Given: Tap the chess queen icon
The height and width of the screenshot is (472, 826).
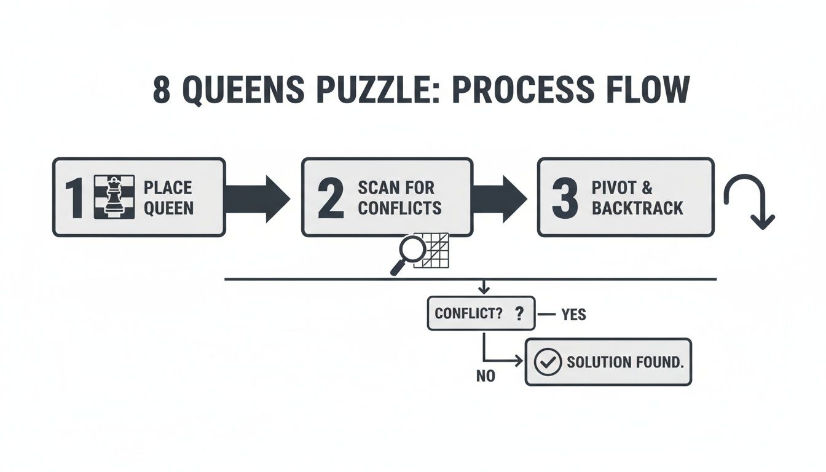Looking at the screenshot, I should click(x=114, y=197).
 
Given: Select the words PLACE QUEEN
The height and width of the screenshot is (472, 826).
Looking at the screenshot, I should click(x=168, y=197).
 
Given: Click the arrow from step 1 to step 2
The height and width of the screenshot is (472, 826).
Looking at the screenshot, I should click(x=257, y=197).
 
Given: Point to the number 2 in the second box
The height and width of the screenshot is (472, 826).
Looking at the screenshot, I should click(x=331, y=198).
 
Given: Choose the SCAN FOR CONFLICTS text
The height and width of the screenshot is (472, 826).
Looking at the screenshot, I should click(x=399, y=197).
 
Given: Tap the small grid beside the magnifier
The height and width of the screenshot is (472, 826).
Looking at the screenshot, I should click(x=431, y=250).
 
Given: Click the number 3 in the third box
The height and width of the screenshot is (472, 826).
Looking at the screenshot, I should click(x=565, y=198).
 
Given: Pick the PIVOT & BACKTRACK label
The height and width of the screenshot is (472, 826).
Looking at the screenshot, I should click(x=637, y=197).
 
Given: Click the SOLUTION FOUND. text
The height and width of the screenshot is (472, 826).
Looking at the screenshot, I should click(x=624, y=362).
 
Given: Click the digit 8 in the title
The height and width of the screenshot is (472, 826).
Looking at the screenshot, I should click(x=161, y=90).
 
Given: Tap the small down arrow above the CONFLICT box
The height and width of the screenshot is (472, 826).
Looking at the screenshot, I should click(x=483, y=286).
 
